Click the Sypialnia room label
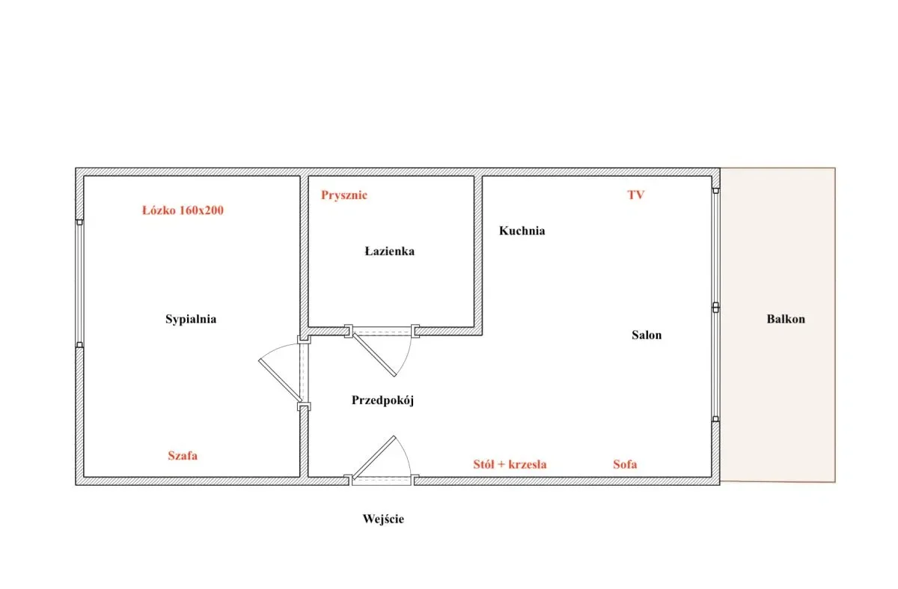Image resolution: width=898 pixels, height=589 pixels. pyautogui.click(x=191, y=319)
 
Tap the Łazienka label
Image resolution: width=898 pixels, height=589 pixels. pyautogui.click(x=389, y=251)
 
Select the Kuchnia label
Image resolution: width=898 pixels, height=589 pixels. pyautogui.click(x=522, y=231)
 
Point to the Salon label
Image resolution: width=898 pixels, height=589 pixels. pyautogui.click(x=647, y=335)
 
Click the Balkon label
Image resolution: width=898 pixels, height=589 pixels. pyautogui.click(x=786, y=319)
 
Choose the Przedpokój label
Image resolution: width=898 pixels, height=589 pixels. pyautogui.click(x=382, y=400)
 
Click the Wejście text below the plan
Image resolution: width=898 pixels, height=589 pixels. pyautogui.click(x=383, y=519)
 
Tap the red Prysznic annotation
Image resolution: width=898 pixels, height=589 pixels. pyautogui.click(x=344, y=195)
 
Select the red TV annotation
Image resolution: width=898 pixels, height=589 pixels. pyautogui.click(x=636, y=195)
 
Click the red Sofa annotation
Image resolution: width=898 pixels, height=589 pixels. pyautogui.click(x=625, y=464)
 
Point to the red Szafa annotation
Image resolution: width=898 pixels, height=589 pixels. pyautogui.click(x=183, y=456)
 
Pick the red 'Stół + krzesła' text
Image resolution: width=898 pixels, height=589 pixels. pyautogui.click(x=510, y=464)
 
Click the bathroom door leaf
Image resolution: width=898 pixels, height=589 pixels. pyautogui.click(x=375, y=355)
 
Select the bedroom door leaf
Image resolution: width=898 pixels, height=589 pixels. pyautogui.click(x=280, y=380)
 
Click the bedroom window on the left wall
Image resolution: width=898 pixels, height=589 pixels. pyautogui.click(x=79, y=284)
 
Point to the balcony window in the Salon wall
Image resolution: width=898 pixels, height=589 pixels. pyautogui.click(x=715, y=305)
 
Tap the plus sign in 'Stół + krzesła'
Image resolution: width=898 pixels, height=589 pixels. pyautogui.click(x=501, y=465)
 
